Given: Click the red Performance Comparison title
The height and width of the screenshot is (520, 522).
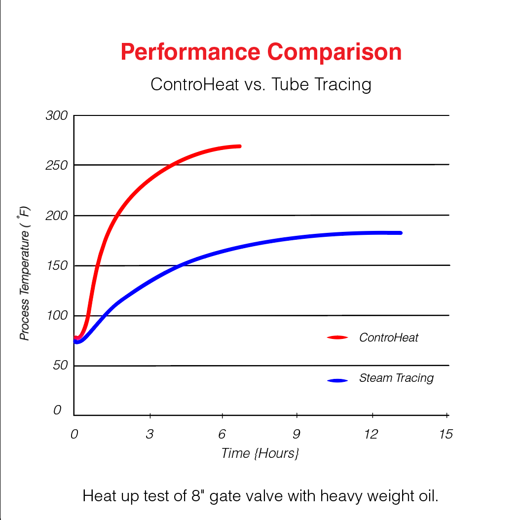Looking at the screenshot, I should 261,52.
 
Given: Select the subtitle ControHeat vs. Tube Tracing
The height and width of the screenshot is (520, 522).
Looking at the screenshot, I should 261,84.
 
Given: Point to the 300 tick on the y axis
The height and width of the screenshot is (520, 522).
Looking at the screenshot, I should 56,116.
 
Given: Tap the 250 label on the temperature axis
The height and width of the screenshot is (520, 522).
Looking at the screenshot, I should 56,166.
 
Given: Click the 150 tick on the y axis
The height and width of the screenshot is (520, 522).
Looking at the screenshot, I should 56,266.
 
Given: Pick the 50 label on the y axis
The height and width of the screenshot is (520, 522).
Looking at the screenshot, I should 59,366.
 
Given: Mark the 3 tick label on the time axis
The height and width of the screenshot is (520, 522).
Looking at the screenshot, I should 149,434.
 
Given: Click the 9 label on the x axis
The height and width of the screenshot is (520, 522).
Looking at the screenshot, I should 297,434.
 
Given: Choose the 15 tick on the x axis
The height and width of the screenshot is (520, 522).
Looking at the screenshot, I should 446,434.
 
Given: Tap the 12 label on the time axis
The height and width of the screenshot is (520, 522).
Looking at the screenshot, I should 371,434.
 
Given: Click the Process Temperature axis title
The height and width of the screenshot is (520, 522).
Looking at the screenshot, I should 25,274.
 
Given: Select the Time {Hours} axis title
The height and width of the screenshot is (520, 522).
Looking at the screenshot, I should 260,453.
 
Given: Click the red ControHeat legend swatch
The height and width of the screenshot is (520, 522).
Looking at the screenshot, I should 337,337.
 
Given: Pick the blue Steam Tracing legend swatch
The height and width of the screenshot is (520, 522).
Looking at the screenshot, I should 337,380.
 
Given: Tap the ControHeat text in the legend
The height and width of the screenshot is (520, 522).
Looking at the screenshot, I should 389,337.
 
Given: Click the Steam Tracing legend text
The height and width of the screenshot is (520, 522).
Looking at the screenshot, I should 396,378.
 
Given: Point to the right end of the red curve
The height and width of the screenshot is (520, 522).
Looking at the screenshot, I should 239,146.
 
